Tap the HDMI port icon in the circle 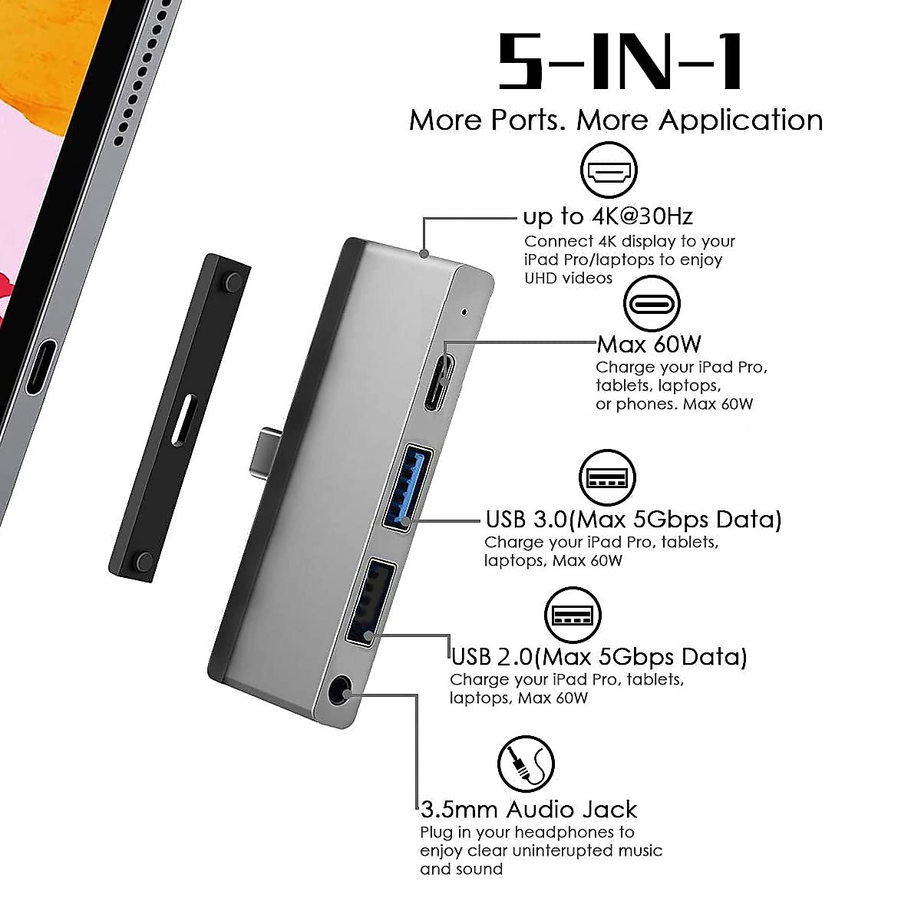(x=609, y=170)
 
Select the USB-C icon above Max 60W (x=652, y=303)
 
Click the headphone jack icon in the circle (x=526, y=764)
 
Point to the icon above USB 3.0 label (x=607, y=478)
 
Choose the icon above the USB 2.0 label (x=573, y=616)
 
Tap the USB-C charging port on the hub (x=441, y=381)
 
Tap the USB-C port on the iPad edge (x=40, y=366)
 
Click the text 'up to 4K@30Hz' (x=608, y=216)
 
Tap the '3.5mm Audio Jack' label (x=529, y=809)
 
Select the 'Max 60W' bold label (x=649, y=343)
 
